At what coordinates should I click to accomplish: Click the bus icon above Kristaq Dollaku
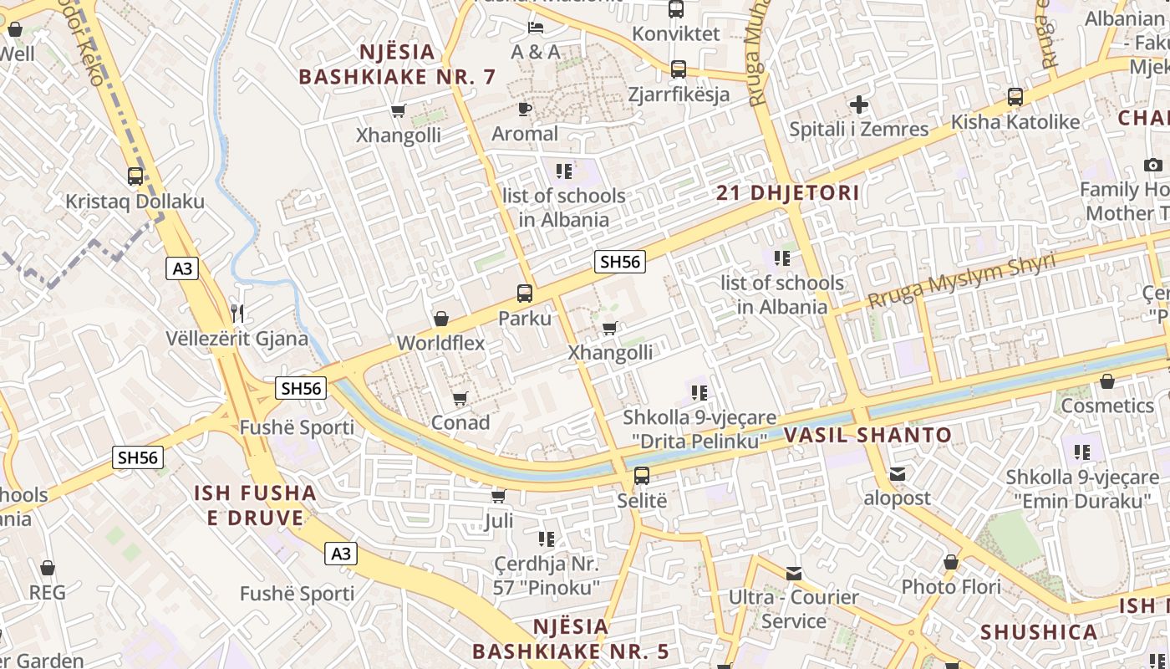(135, 176)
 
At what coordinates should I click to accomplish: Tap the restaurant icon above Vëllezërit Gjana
(238, 314)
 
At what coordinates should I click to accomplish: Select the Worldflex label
(440, 343)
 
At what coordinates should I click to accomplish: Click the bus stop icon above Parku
(525, 294)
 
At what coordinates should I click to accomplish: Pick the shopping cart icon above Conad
(460, 398)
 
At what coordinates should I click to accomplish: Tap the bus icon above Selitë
(642, 476)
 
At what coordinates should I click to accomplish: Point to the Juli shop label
(499, 522)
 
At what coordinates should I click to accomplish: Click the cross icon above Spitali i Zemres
(858, 105)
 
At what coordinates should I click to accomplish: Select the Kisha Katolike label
(1015, 122)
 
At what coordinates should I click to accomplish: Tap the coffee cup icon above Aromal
(525, 109)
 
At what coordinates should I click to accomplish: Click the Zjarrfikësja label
(679, 94)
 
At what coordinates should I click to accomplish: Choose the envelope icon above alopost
(897, 474)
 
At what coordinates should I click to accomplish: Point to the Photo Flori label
(950, 587)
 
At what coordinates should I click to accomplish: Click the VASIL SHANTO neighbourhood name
(867, 435)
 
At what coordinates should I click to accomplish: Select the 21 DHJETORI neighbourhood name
(788, 193)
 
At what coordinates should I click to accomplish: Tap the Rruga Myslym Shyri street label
(961, 281)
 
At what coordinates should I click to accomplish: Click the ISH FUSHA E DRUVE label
(255, 505)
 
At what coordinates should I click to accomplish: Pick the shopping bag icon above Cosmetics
(1107, 382)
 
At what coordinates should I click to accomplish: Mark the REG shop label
(47, 593)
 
